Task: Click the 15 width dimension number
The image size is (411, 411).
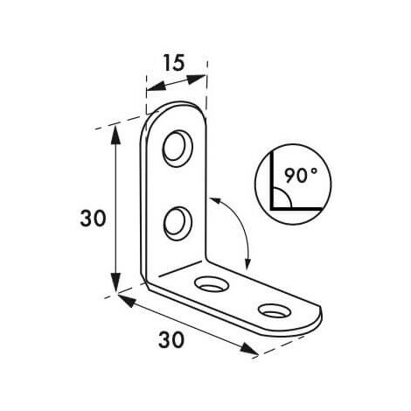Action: click(174, 63)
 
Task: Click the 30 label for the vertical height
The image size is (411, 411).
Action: click(93, 219)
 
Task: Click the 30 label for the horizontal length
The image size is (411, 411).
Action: click(171, 339)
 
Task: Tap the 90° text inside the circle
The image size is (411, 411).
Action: click(301, 175)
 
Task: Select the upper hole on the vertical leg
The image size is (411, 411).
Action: click(178, 149)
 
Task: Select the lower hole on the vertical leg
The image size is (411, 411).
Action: click(178, 224)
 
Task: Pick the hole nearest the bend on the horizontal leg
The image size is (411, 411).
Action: click(211, 284)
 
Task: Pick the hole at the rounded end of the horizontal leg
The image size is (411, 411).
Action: click(275, 310)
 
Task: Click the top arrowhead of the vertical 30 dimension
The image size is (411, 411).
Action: click(116, 135)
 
